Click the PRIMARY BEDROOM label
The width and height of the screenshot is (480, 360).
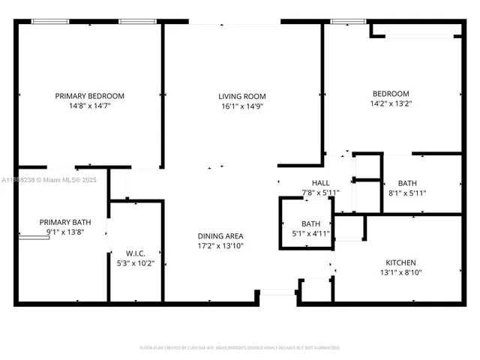[90, 96]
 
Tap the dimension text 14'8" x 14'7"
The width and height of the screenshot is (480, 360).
[90, 107]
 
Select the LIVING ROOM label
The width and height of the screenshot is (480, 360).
[241, 96]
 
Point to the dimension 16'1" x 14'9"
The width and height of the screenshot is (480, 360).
[241, 107]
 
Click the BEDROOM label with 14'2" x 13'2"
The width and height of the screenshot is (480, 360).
[391, 94]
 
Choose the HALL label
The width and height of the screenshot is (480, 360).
[320, 182]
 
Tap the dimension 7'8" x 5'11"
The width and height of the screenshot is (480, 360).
[320, 193]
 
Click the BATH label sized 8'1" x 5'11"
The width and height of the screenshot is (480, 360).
[407, 182]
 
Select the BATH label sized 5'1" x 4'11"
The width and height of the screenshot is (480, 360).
[310, 223]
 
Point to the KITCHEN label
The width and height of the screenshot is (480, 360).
[400, 262]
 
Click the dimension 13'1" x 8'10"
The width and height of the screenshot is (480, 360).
[400, 273]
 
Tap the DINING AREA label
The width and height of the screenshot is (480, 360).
[220, 235]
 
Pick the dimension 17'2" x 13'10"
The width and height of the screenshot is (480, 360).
[220, 246]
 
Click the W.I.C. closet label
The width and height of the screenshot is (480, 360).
[135, 253]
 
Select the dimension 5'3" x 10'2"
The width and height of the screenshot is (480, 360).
[135, 263]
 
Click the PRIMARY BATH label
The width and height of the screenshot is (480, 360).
[64, 222]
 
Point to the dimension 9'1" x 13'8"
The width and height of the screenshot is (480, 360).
[64, 232]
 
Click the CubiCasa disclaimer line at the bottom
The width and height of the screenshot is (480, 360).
[240, 347]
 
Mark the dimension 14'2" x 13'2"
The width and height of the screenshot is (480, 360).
[391, 104]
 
